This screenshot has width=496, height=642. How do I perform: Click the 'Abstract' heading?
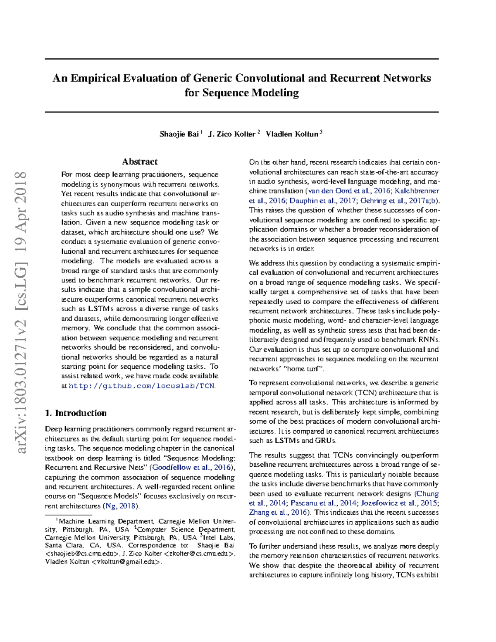140,162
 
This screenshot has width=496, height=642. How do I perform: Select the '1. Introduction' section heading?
76,413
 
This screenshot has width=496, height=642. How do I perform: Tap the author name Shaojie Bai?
179,134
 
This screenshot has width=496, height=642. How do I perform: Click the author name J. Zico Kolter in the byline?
232,134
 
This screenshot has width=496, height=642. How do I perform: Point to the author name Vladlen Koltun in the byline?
292,134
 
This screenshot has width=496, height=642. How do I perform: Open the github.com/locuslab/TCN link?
142,386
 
